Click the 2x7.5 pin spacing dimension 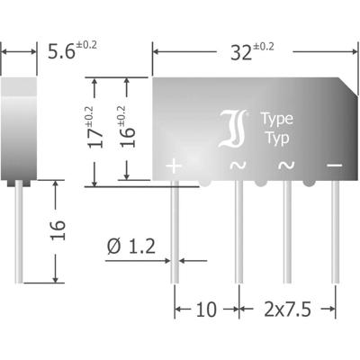coord(287,311)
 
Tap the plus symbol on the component coord(175,166)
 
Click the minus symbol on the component coord(334,166)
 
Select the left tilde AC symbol coord(238,166)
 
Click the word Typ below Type coord(275,138)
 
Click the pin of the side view coord(19,229)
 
